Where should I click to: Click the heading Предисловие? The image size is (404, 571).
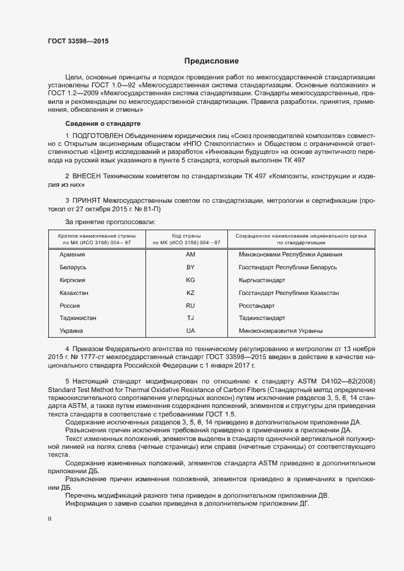(x=211, y=61)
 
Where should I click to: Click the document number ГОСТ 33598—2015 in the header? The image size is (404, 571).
(x=79, y=41)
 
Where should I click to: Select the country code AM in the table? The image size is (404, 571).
(x=190, y=254)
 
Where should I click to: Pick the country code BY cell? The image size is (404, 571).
(x=190, y=267)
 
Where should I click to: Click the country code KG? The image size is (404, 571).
(x=190, y=280)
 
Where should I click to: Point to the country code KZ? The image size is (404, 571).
(x=190, y=293)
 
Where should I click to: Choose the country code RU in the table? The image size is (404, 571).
(x=190, y=305)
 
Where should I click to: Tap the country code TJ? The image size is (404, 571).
(x=190, y=318)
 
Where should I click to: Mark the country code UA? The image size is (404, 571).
(x=190, y=330)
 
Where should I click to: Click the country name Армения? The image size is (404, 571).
(x=72, y=254)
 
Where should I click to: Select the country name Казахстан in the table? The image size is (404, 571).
(x=74, y=293)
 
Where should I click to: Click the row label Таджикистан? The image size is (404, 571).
(x=78, y=318)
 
